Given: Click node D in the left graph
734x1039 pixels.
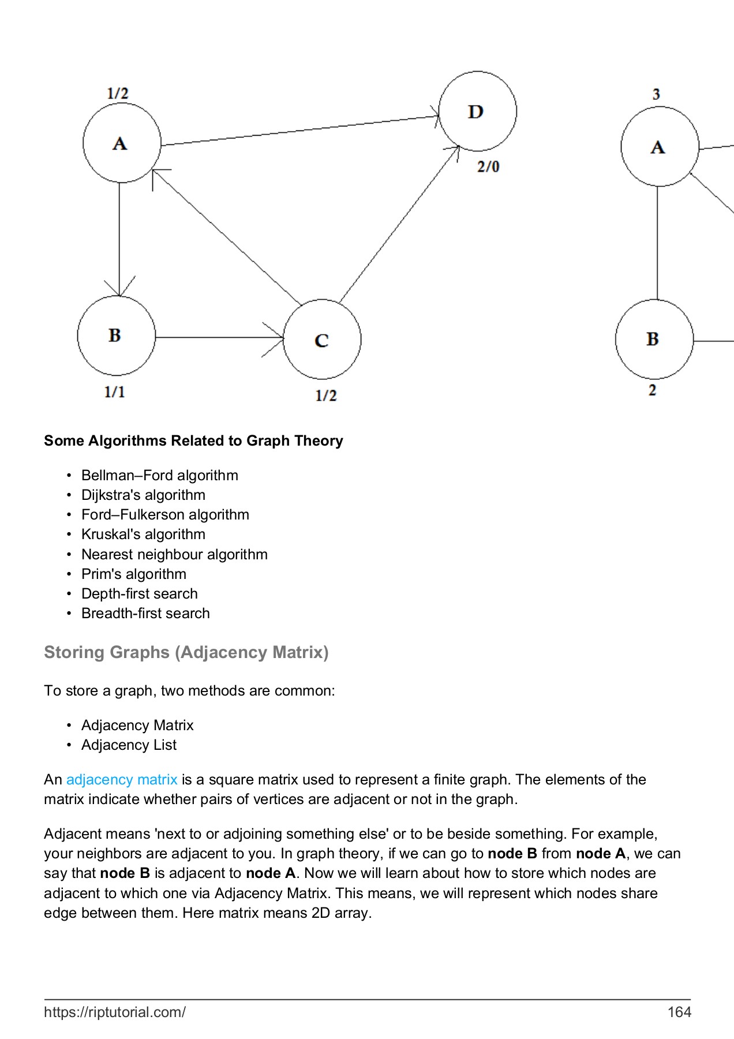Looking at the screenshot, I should coord(477,111).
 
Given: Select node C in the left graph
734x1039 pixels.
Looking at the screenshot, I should coord(322,339).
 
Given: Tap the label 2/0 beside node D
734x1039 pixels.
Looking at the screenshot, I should coord(488,167).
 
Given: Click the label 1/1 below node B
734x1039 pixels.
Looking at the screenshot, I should coord(114,392).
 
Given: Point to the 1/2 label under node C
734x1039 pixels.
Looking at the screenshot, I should coord(326,395).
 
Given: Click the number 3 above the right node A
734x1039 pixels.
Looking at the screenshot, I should coord(656,94).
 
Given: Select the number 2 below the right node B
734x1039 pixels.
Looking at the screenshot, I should coord(652,390).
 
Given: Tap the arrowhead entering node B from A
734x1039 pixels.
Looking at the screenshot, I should coord(119,288).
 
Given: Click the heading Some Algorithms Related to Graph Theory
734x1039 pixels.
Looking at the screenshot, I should coord(193,440).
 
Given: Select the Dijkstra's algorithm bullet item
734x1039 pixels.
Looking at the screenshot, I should coord(143,495).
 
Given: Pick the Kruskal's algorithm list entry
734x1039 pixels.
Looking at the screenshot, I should coord(143,534).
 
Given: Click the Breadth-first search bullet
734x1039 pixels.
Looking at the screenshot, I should coord(145,613).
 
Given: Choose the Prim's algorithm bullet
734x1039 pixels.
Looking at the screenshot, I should coord(134,574).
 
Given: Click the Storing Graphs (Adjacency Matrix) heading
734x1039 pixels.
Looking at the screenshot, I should coord(186,652).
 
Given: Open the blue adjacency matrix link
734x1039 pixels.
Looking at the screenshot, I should coord(122,779).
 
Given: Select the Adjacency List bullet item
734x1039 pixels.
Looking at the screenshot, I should coord(129,745).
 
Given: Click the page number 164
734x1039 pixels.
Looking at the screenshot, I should coord(679,1012).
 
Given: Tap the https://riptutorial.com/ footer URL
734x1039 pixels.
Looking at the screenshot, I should coord(115,1012).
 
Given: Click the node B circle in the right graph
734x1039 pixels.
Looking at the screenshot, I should coord(654,339).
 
